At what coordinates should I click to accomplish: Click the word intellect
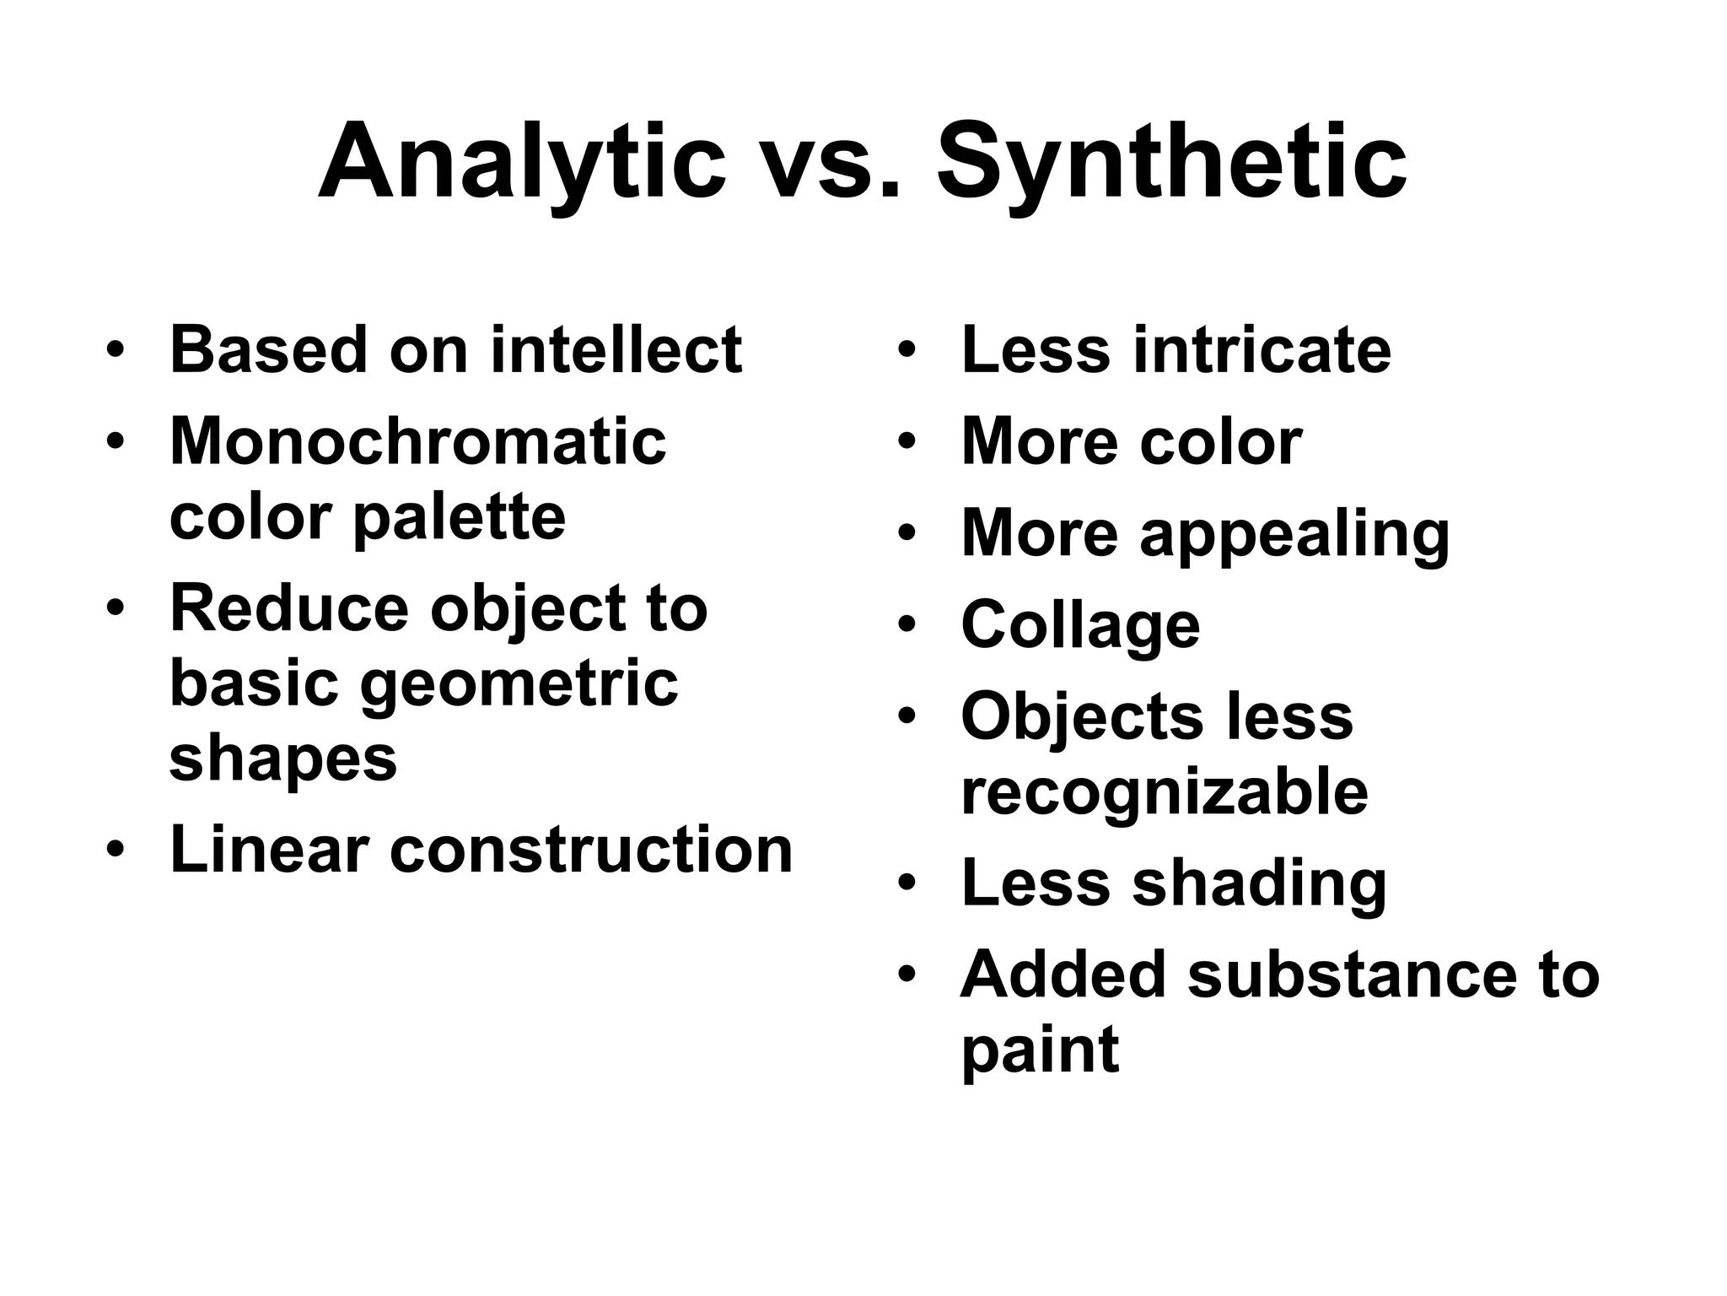coord(616,349)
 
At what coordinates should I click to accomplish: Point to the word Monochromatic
coord(417,441)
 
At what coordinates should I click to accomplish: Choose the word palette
coord(459,517)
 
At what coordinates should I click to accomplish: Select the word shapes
coord(282,758)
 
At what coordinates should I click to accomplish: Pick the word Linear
coord(269,849)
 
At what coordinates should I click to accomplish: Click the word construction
coord(591,849)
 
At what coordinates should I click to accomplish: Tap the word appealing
coord(1294,536)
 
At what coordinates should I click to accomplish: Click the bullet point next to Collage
coord(907,624)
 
